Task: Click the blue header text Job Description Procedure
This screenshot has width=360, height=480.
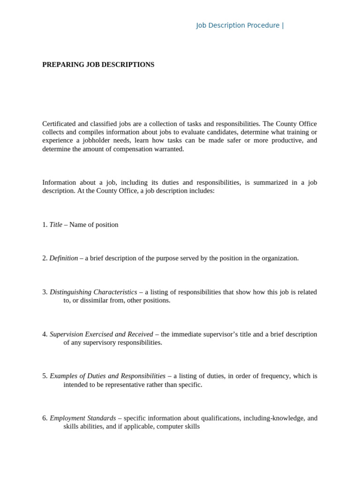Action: [x=238, y=25]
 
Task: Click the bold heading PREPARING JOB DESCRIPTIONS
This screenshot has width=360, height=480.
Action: [x=98, y=65]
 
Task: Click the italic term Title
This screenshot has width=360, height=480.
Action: [x=56, y=225]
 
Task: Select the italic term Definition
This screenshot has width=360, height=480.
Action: [x=64, y=258]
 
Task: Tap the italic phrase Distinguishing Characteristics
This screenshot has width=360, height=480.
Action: [x=93, y=292]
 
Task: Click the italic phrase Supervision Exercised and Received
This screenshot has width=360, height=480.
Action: [x=101, y=334]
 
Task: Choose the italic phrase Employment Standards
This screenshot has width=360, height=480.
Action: [x=82, y=418]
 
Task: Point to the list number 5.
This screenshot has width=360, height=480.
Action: [x=45, y=376]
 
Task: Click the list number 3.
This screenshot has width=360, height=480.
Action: [x=45, y=292]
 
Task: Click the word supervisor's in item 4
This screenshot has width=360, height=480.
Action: [x=214, y=334]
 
